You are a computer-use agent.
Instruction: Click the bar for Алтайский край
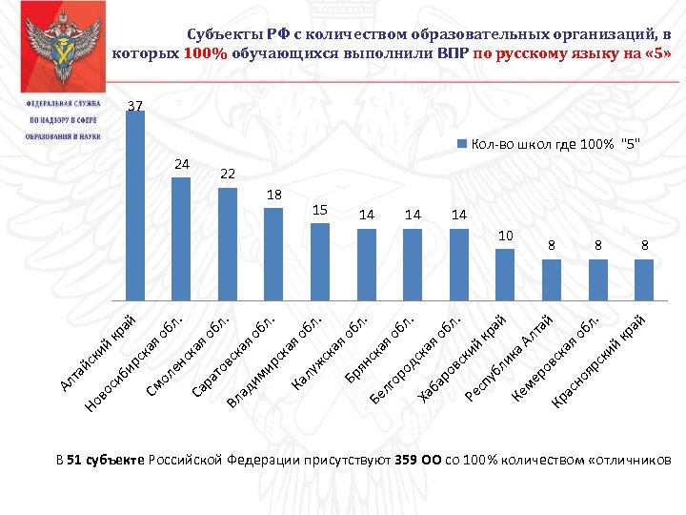tap(134, 205)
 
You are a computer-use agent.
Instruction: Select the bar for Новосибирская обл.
tap(181, 237)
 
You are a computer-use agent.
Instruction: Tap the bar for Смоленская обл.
tap(228, 242)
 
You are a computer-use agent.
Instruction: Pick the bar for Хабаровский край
tap(459, 262)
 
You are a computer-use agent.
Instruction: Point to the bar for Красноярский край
tap(644, 278)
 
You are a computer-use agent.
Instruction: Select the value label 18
tap(273, 194)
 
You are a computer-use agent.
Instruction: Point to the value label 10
tap(506, 235)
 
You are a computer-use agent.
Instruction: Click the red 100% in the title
tap(206, 53)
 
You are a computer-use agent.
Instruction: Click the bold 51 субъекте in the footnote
tap(105, 461)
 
